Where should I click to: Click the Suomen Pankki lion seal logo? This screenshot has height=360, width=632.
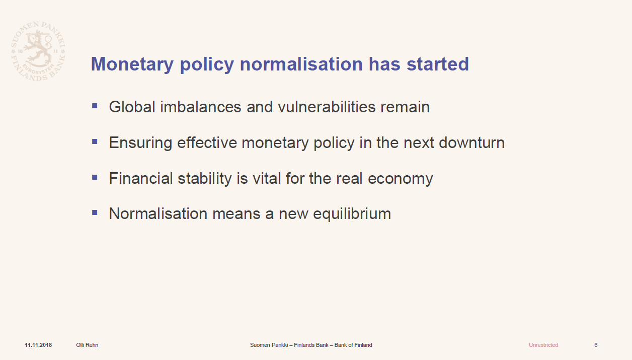38,51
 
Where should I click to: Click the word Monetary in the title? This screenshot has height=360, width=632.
132,64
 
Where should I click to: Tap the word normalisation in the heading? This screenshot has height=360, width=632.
301,64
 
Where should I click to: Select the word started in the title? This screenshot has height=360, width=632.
438,64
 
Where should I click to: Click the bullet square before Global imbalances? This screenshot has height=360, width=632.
95,106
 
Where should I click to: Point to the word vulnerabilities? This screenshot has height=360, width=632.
327,107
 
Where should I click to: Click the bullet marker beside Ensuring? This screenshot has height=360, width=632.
95,142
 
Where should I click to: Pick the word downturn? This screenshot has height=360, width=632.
472,142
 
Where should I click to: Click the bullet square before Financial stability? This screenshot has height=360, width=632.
95,177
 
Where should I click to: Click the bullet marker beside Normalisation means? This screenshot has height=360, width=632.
95,212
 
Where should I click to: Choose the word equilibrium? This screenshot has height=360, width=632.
352,214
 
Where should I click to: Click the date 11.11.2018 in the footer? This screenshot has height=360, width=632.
38,345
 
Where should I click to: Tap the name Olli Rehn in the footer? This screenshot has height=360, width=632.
87,345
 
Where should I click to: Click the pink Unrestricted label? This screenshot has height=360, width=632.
543,345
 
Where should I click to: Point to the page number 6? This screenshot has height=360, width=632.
596,345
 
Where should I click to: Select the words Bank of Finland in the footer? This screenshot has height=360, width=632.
353,345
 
